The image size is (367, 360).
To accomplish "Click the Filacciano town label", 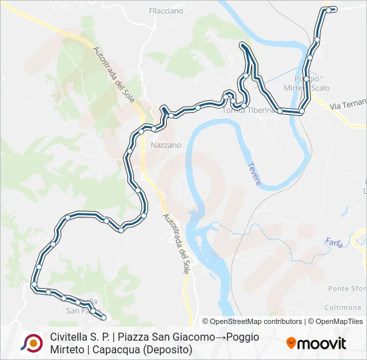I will pyautogui.click(x=166, y=11).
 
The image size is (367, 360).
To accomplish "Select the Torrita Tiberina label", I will pyautogui.click(x=249, y=111).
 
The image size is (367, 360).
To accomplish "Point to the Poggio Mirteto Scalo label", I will pyautogui.click(x=307, y=83).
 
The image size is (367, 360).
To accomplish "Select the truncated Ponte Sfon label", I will pyautogui.click(x=347, y=288).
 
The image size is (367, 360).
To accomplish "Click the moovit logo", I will pyautogui.click(x=316, y=343).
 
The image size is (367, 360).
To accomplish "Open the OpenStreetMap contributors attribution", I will pyautogui.click(x=252, y=321).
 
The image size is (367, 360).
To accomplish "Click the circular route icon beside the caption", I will pyautogui.click(x=31, y=343).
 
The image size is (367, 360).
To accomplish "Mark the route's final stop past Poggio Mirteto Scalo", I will pyautogui.click(x=334, y=9).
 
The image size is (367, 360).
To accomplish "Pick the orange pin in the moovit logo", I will pyautogui.click(x=291, y=343).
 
